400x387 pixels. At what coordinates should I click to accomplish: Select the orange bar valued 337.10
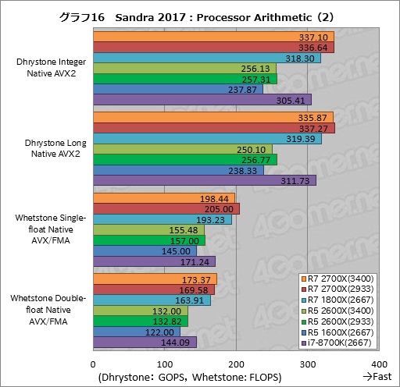[x=213, y=37]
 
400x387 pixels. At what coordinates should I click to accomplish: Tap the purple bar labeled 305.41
[x=202, y=99]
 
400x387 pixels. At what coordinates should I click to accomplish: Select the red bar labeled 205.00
[x=166, y=208]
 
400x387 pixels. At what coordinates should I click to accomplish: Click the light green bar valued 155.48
[x=148, y=230]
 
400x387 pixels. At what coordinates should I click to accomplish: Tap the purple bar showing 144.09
[x=145, y=342]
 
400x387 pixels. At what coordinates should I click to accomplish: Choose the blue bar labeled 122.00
[x=137, y=332]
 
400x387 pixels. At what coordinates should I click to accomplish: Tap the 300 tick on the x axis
[x=307, y=364]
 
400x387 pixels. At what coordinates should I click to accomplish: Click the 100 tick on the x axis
[x=165, y=364]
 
